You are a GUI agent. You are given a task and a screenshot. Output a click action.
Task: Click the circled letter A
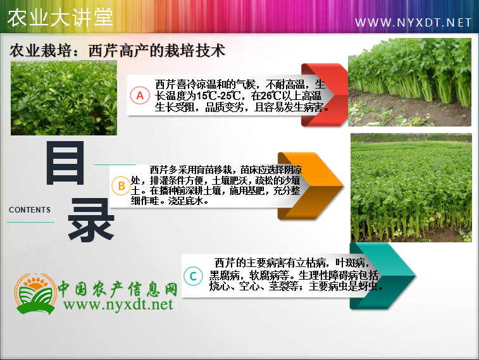pos(140,96)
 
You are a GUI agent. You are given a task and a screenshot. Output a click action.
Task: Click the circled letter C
pos(193,276)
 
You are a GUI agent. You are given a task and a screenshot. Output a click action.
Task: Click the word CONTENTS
pos(30,210)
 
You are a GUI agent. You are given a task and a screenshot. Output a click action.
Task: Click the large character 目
pos(65,163)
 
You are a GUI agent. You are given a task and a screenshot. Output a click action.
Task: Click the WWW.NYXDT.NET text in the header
pos(413,23)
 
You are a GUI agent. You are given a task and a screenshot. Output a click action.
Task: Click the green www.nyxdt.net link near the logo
pos(118,305)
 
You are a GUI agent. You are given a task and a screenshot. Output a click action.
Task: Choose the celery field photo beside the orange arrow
pos(411,187)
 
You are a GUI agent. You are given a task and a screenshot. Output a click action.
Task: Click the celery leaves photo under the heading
pos(64,97)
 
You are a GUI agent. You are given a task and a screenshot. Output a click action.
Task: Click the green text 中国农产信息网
pos(118,289)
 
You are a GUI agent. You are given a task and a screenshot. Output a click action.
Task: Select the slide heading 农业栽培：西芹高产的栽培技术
pos(118,51)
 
